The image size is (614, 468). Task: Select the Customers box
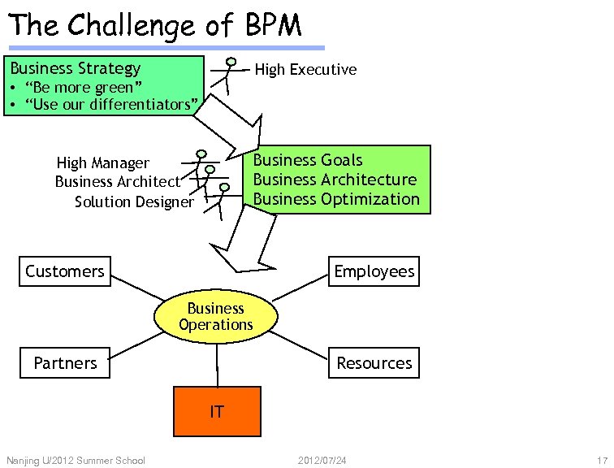65,271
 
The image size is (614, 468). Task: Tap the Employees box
374,271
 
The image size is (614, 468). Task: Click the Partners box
65,363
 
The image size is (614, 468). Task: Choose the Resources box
374,363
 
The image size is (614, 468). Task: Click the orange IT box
217,411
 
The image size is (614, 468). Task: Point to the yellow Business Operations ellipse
216,316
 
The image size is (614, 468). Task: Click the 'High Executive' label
305,70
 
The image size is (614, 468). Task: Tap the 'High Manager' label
103,163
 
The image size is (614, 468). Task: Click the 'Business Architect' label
117,182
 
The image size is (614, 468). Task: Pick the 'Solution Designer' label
134,201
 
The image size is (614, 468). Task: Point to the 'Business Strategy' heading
75,68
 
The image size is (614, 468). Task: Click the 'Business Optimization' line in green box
336,199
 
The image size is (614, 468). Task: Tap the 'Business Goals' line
308,160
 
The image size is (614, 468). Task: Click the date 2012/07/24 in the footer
322,461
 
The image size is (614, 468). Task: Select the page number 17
602,461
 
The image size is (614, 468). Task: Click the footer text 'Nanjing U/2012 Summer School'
76,461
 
